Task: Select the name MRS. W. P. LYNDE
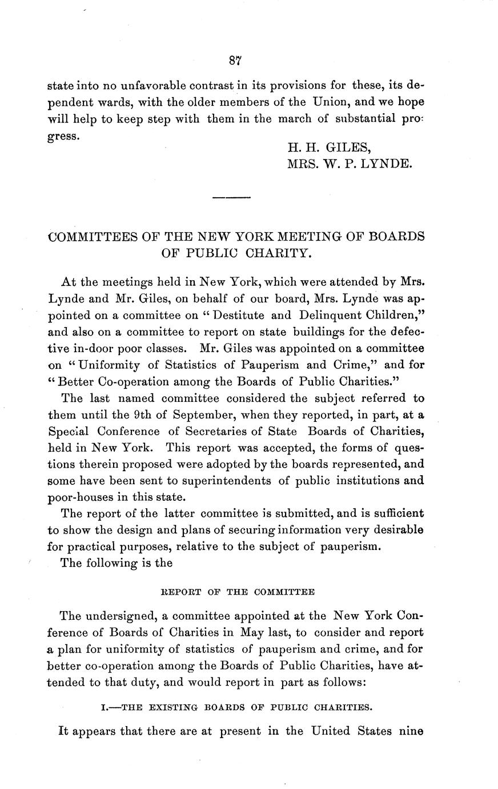348,164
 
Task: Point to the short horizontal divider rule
231,198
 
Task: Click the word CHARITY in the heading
283,253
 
